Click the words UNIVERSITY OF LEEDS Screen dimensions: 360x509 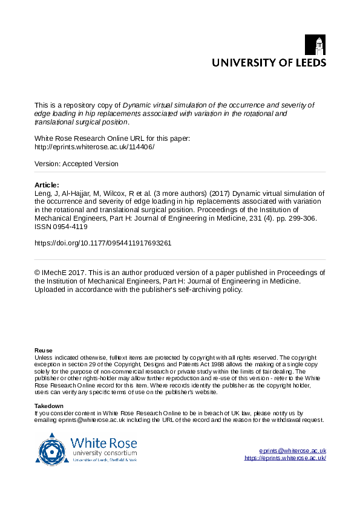(x=269, y=62)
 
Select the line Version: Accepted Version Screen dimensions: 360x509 (x=76, y=164)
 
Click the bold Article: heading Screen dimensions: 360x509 (x=47, y=185)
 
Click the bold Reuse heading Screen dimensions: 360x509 (x=43, y=350)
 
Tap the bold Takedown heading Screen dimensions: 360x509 (x=49, y=406)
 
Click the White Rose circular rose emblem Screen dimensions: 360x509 (x=52, y=449)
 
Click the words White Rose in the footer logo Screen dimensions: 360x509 (x=103, y=442)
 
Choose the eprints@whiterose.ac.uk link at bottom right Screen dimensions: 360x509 (x=292, y=451)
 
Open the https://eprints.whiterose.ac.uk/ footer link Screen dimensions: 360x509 (x=285, y=458)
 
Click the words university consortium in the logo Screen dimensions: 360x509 (x=105, y=453)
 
